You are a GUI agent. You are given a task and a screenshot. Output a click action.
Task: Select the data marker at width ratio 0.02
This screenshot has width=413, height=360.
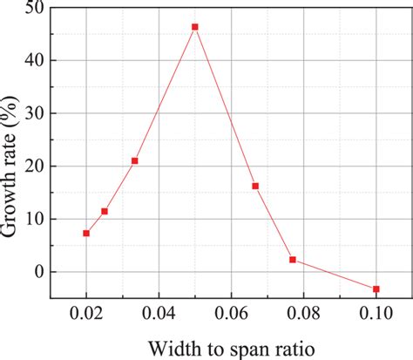(x=86, y=233)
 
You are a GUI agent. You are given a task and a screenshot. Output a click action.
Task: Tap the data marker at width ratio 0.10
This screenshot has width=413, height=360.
(x=376, y=289)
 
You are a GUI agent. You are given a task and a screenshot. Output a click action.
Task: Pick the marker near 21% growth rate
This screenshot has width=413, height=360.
(x=134, y=160)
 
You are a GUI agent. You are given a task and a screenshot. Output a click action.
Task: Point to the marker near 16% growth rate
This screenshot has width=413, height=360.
(x=255, y=186)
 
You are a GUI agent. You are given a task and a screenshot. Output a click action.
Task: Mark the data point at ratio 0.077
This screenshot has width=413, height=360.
(x=293, y=260)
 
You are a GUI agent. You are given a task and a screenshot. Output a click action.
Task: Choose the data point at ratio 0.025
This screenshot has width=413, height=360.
(x=105, y=211)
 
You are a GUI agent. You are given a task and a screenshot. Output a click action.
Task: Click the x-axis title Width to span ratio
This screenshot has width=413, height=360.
(x=230, y=347)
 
